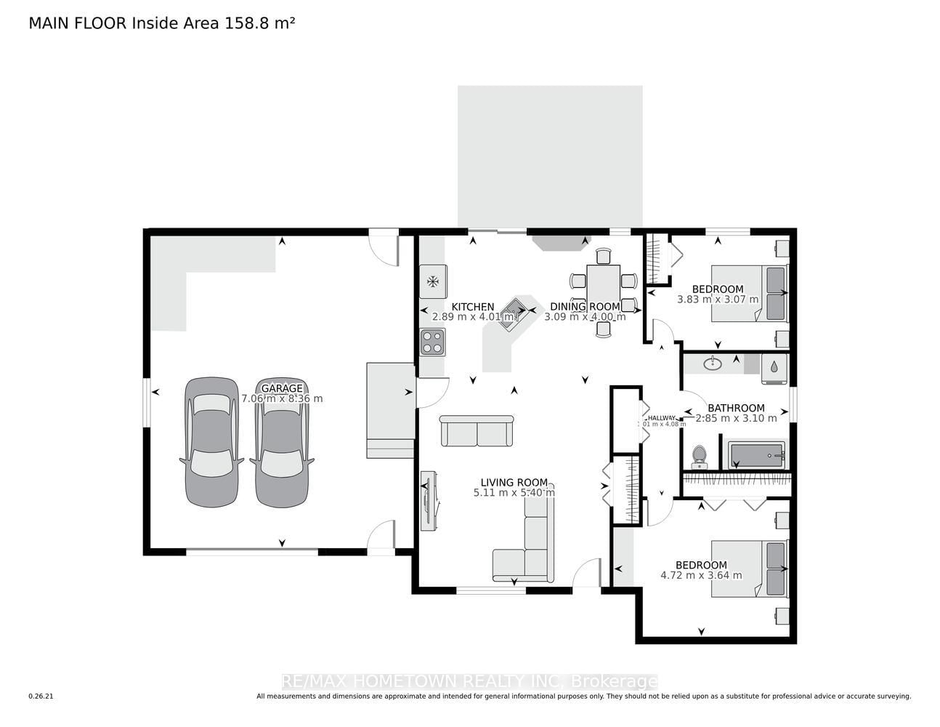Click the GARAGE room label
(282, 388)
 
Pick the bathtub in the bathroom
(757, 456)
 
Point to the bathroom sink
(713, 363)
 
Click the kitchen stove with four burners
(433, 342)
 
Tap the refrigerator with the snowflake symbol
(433, 281)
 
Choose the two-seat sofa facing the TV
(477, 432)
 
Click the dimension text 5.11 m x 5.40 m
(514, 493)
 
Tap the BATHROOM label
(736, 408)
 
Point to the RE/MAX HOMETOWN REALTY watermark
(469, 681)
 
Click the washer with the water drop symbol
(774, 368)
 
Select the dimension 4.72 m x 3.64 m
(701, 575)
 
